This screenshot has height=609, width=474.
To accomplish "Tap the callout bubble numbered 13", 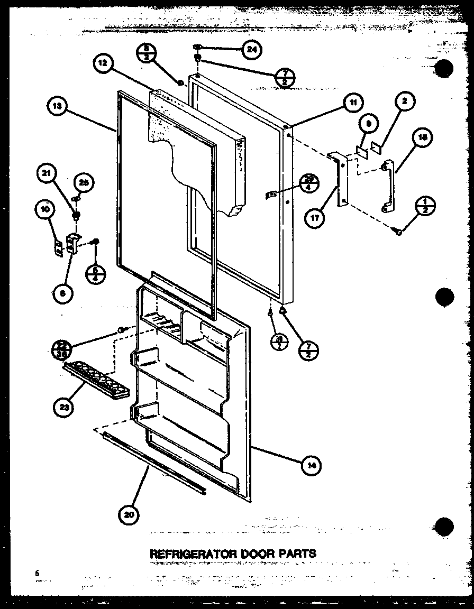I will (x=57, y=106).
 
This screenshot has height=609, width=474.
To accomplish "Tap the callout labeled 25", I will (x=83, y=182).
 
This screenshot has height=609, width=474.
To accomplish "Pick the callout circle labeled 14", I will (x=312, y=465).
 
